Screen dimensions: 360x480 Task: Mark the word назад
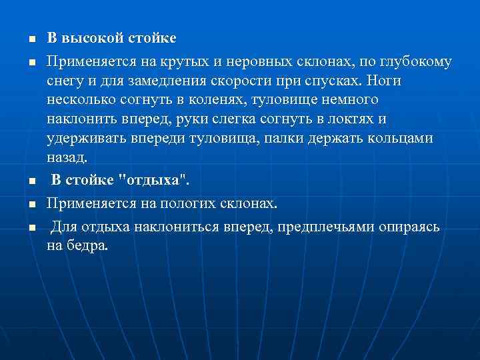(x=67, y=158)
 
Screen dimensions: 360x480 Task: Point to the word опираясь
(x=409, y=227)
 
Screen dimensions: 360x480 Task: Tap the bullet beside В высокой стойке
(x=23, y=39)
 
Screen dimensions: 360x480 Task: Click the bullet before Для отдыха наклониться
(x=23, y=227)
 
